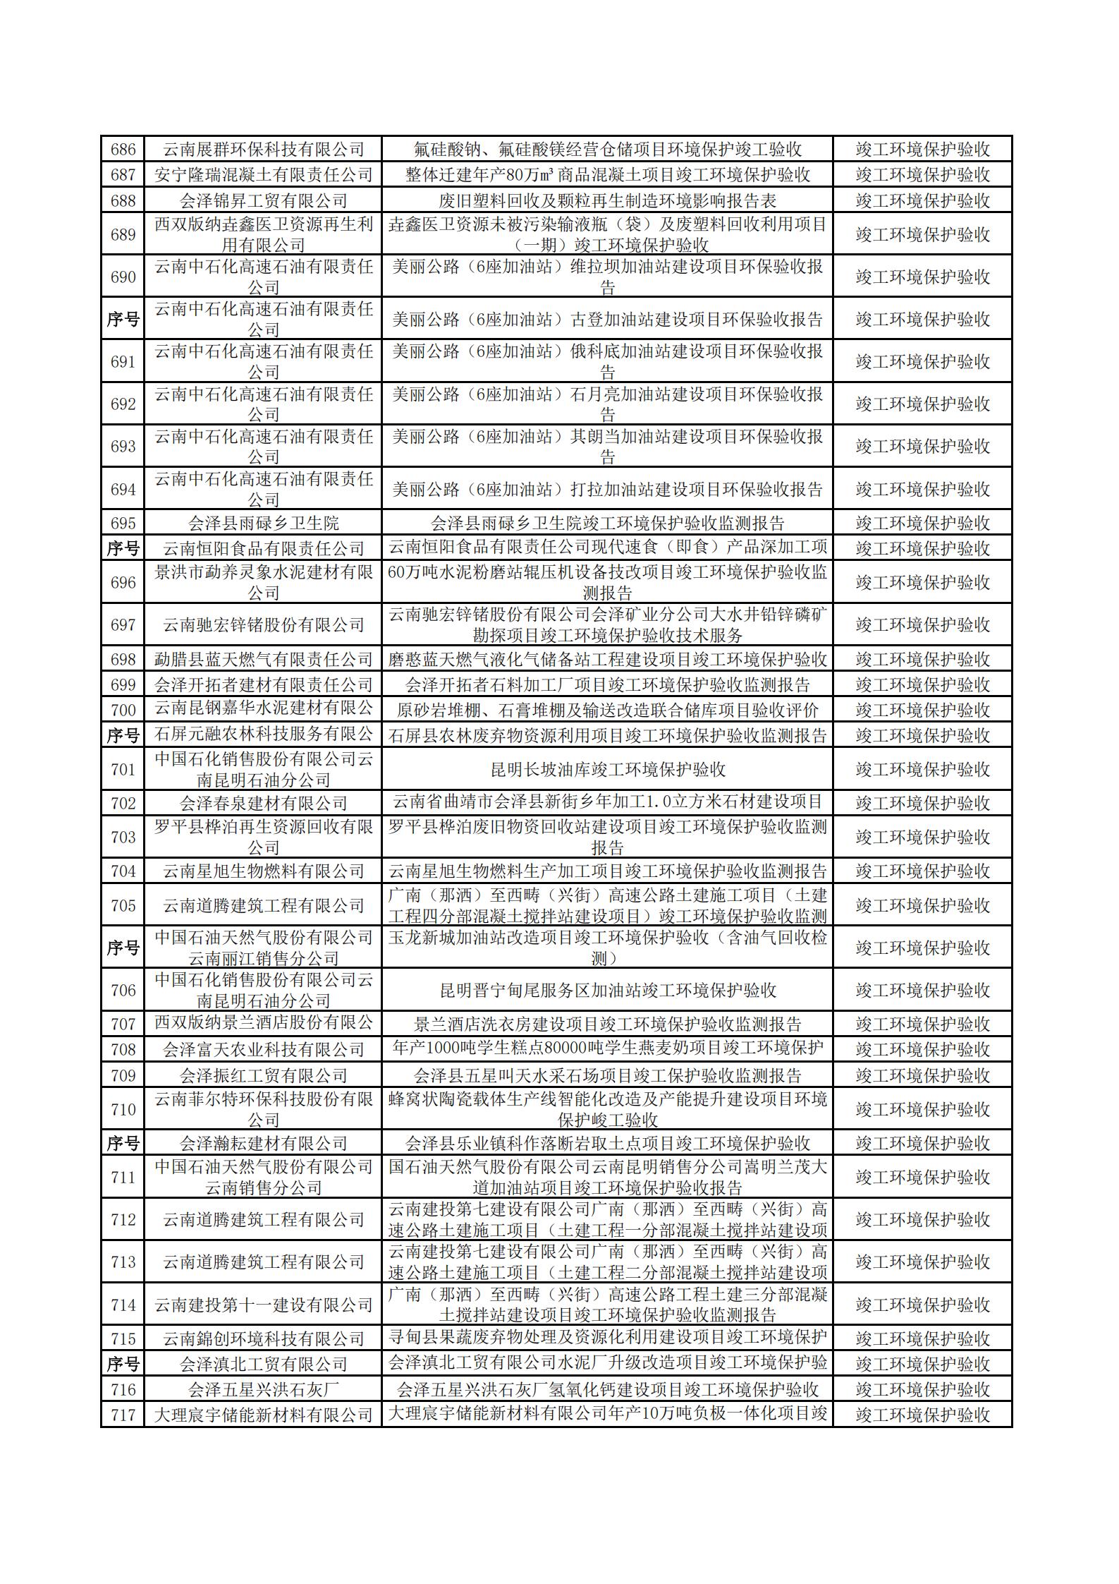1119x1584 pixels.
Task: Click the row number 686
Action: click(x=123, y=150)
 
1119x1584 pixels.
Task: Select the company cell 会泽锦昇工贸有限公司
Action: click(x=263, y=200)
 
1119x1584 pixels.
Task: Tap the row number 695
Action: click(x=123, y=523)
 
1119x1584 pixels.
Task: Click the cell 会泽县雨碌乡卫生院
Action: click(x=263, y=523)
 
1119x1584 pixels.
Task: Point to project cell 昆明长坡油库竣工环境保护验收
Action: click(x=607, y=769)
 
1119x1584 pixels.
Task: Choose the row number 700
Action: click(x=123, y=710)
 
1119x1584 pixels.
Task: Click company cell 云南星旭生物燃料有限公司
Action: click(x=263, y=871)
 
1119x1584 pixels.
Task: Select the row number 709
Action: click(x=123, y=1075)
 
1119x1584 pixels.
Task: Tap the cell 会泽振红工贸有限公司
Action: click(x=263, y=1075)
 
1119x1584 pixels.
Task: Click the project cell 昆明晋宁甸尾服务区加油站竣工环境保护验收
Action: click(x=607, y=990)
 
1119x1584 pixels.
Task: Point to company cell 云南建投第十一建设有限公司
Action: click(x=263, y=1305)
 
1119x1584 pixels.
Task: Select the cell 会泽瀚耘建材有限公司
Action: click(x=263, y=1143)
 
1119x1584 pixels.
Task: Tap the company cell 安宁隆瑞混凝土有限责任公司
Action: click(x=263, y=174)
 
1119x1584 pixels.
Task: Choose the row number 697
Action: click(x=123, y=624)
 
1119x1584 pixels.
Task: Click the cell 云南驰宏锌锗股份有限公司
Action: click(x=263, y=624)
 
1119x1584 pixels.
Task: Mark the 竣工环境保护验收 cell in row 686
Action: click(x=922, y=150)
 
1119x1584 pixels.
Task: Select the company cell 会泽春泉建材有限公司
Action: click(x=263, y=803)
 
